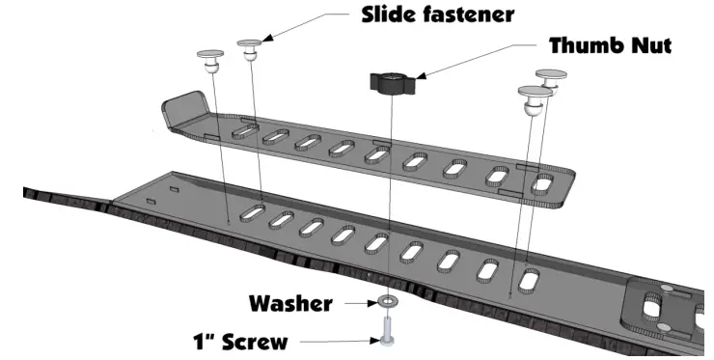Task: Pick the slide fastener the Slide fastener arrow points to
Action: coord(250,49)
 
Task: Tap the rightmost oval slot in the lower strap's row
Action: coord(529,279)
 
